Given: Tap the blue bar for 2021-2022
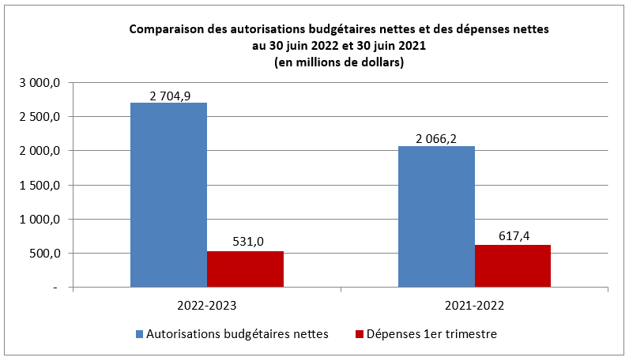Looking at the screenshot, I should click(x=436, y=216).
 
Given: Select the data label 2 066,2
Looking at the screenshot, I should click(x=437, y=139).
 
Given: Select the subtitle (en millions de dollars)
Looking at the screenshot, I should click(x=338, y=62).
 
